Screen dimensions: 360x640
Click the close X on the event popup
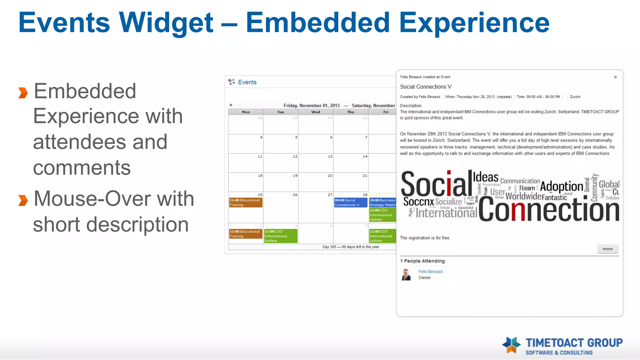(615, 77)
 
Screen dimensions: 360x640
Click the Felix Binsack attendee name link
(431, 272)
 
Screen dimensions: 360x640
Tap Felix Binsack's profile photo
(406, 274)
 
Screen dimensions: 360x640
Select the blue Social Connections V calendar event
(350, 202)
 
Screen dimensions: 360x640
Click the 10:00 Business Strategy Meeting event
(382, 202)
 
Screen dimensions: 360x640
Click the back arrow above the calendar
(231, 105)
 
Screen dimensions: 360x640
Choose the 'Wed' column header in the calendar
(316, 112)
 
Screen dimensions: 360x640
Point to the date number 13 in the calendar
(330, 156)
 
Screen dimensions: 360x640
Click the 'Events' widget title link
(247, 82)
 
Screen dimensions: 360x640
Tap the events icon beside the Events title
(232, 82)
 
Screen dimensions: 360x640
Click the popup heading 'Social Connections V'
(426, 87)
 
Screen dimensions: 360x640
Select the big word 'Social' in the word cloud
(436, 184)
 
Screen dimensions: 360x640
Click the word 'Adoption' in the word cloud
(561, 187)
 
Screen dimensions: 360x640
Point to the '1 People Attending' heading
(422, 261)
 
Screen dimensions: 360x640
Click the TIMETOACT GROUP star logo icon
(512, 345)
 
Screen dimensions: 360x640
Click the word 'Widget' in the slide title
(166, 22)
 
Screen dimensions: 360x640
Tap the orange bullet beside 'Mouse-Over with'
(23, 200)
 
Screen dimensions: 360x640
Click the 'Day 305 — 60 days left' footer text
(351, 247)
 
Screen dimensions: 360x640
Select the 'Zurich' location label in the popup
(575, 97)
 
